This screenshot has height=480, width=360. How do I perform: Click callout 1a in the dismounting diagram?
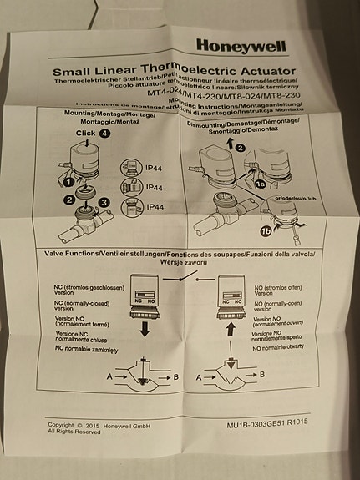[261, 182]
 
